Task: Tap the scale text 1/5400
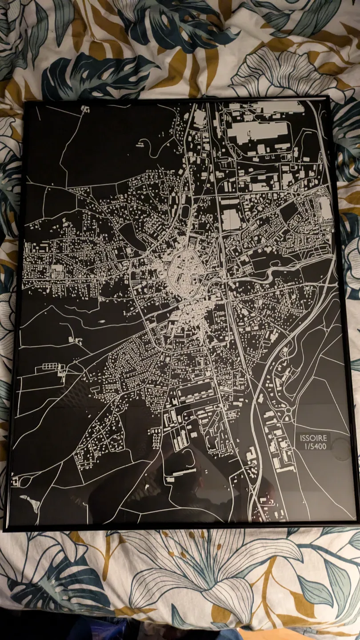315,446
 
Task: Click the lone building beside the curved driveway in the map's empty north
142,143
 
